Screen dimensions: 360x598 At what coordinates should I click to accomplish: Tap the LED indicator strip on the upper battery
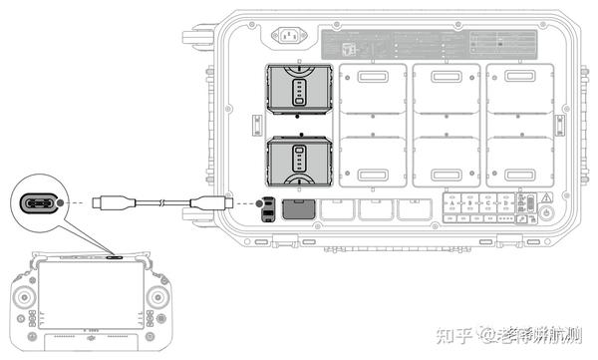point(299,93)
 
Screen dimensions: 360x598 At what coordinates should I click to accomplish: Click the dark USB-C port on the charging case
point(267,209)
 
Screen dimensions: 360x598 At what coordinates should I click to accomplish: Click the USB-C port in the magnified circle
point(42,204)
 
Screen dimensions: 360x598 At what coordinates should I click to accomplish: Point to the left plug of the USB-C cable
point(106,204)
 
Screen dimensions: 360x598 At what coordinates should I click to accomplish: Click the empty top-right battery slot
point(519,97)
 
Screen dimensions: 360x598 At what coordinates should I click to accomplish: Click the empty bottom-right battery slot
point(519,160)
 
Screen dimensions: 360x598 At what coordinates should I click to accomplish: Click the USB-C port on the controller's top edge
point(115,255)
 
